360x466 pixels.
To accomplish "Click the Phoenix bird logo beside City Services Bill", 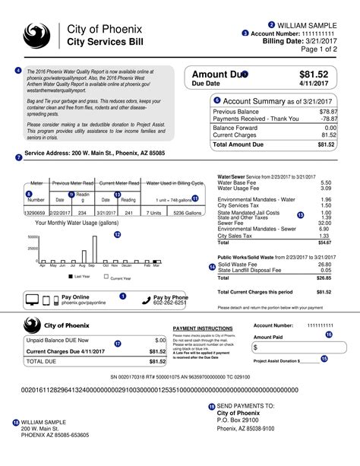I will tap(36, 35).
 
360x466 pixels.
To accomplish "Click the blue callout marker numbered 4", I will tap(18, 71).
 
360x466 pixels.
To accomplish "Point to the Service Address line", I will tap(95, 153).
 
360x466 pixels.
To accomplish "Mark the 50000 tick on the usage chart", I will tap(33, 237).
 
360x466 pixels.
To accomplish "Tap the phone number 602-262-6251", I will tap(170, 302).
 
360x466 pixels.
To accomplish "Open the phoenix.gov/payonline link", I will tap(84, 302).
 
